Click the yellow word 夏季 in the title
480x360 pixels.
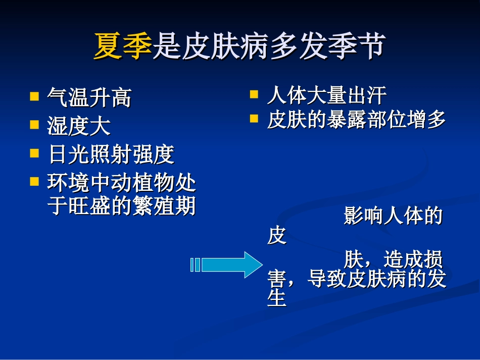[x=122, y=46]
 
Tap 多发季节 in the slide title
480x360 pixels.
[x=328, y=46]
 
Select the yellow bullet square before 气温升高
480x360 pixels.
[x=34, y=95]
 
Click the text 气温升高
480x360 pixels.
[x=89, y=97]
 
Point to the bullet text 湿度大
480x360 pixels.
[x=79, y=126]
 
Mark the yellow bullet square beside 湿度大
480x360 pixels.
[x=34, y=124]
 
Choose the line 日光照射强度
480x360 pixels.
[x=111, y=155]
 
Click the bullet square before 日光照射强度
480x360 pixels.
[x=34, y=152]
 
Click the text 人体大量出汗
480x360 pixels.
[x=326, y=94]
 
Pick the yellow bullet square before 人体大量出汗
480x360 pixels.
[x=254, y=93]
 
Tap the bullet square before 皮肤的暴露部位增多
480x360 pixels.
[x=254, y=119]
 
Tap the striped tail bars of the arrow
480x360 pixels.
[x=195, y=265]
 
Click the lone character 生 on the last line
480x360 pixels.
[x=276, y=298]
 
